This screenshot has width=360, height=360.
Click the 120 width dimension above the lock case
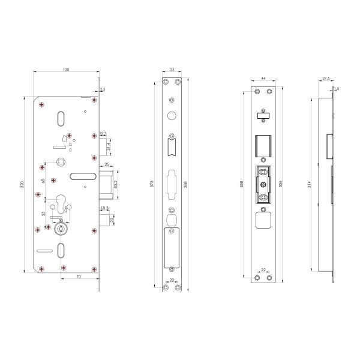click(65, 70)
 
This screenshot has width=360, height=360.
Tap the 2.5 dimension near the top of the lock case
click(103, 89)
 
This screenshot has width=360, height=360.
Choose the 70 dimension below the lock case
click(79, 277)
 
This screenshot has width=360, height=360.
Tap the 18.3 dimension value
click(104, 208)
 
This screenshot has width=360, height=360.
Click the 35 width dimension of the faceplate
click(172, 70)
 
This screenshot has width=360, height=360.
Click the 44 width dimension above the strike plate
click(263, 79)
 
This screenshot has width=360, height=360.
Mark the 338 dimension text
click(242, 184)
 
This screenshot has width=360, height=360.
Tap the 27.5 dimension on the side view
click(326, 79)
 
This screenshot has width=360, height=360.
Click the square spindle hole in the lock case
click(61, 161)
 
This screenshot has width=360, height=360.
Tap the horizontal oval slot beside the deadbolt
click(83, 176)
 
